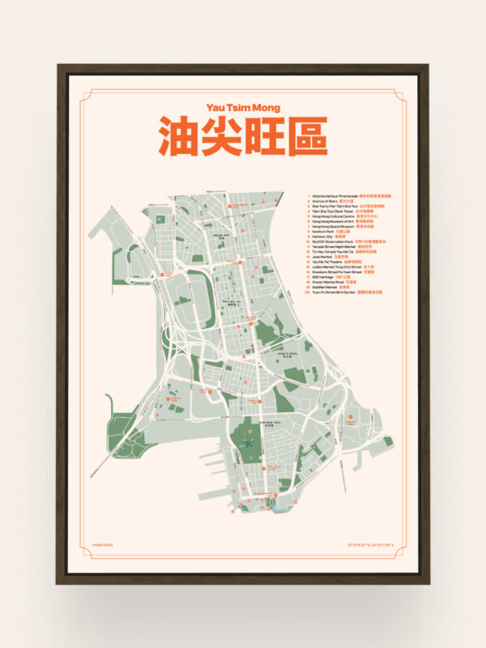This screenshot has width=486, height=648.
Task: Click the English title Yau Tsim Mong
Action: coord(242,106)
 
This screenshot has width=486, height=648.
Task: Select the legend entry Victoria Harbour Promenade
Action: coord(335,195)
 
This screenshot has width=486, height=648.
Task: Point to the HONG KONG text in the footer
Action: coord(103,545)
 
